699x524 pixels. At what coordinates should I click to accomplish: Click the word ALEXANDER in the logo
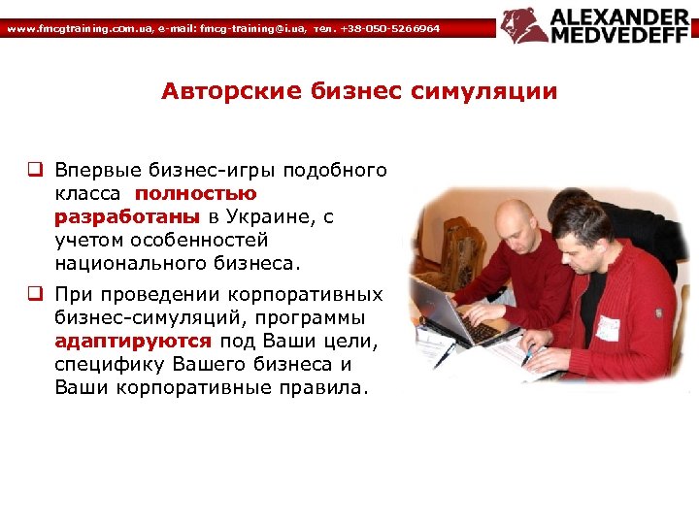pyautogui.click(x=621, y=16)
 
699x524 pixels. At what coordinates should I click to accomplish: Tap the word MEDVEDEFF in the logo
pyautogui.click(x=621, y=36)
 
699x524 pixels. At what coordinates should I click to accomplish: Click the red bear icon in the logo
pyautogui.click(x=524, y=26)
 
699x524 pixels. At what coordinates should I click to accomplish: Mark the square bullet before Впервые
pyautogui.click(x=33, y=171)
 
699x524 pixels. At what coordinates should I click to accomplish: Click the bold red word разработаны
pyautogui.click(x=127, y=216)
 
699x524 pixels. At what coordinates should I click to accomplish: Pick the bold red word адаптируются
pyautogui.click(x=133, y=342)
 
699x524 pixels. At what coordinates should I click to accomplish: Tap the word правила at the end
pyautogui.click(x=322, y=387)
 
